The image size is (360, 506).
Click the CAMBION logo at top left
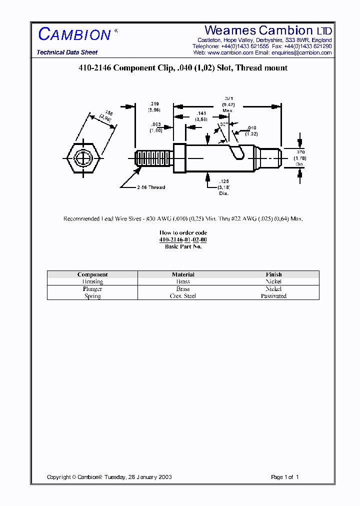[x=74, y=34]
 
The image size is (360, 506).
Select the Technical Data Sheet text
[x=67, y=52]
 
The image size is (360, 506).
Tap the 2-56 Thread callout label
[x=150, y=187]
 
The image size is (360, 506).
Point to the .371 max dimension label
[x=228, y=104]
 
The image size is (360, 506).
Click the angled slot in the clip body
[x=236, y=150]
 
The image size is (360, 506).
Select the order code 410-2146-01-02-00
[x=183, y=240]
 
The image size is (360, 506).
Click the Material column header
[x=183, y=274]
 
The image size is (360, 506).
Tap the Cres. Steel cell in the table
[x=183, y=296]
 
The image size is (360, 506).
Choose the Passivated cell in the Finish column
[x=273, y=296]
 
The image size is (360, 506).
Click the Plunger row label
[x=92, y=289]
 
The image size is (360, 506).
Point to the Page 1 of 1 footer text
[x=284, y=477]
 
